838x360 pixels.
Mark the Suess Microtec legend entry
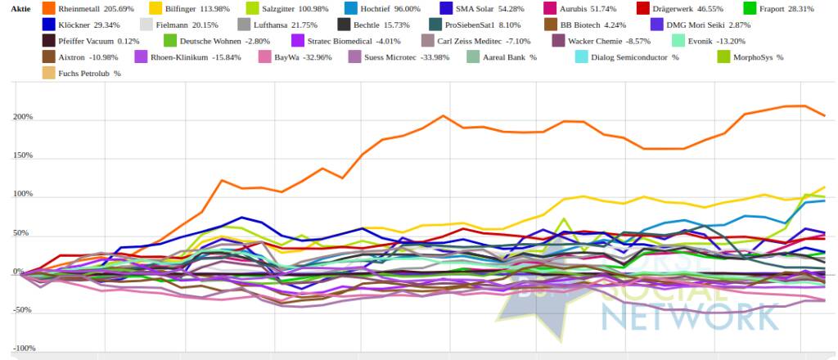[x=381, y=57]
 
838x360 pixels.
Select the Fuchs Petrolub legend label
[x=84, y=74]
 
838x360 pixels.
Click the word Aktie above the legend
[x=21, y=8]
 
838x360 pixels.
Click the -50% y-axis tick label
[x=21, y=310]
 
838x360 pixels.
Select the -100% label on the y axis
[x=20, y=349]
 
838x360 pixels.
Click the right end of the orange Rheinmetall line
[x=824, y=115]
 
